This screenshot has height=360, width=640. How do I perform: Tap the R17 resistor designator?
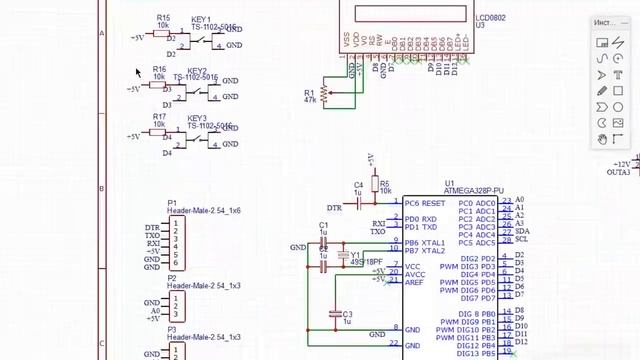(159, 117)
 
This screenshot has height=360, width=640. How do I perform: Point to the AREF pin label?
(414, 283)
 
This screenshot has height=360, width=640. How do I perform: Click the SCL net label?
(521, 240)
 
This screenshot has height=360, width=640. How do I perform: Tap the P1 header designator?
(172, 203)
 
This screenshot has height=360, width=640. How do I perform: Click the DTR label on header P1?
(152, 227)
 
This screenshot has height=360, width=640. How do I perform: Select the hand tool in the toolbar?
(603, 139)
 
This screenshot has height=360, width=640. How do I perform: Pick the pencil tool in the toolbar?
(603, 91)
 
